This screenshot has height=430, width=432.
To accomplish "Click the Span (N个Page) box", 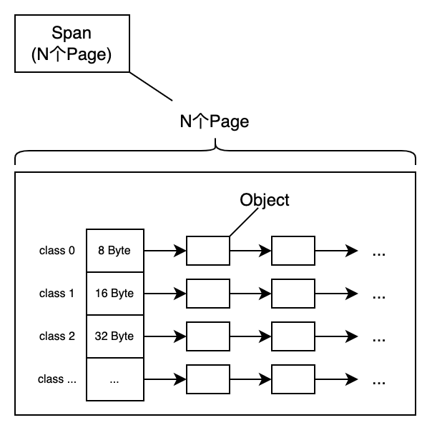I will pos(72,44).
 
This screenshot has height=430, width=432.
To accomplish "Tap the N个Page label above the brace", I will pos(214,121).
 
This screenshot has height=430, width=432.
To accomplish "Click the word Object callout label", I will pos(265,200).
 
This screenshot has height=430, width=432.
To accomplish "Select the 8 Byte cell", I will pos(114,251).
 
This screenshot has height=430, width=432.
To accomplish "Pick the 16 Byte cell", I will pos(114,294).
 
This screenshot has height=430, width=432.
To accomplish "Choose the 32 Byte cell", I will pos(114,336).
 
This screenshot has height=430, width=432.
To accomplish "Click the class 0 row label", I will pos(57,251).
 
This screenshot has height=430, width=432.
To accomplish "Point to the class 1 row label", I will pos(57,294).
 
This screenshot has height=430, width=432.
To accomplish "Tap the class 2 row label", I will pos(57,336).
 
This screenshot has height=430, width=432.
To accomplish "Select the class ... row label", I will pos(57,379).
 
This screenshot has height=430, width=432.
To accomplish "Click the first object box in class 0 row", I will pos(207,251).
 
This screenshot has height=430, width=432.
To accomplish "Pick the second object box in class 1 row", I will pos(293,294).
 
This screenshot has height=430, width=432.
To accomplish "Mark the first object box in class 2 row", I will pos(207,336).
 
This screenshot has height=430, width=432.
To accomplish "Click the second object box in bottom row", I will pos(293,379).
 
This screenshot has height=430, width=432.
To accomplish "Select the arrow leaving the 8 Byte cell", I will pos(165,251).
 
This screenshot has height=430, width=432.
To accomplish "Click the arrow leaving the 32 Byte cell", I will pos(165,336).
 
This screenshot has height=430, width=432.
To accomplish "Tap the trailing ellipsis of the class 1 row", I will pos(379,296).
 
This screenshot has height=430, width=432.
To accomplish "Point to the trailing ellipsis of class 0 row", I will pos(379,253).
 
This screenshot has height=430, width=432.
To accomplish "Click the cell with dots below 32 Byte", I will pos(114,379).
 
